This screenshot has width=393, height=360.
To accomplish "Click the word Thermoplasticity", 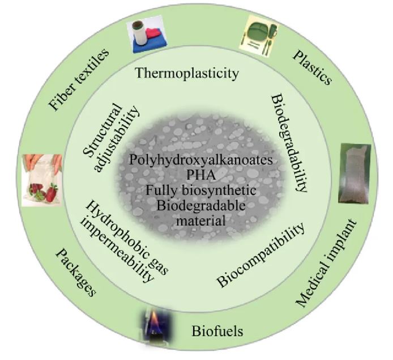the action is (x=187, y=74).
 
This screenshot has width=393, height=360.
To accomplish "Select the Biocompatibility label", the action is (x=261, y=255).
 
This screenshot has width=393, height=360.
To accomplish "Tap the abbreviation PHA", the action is (x=201, y=175).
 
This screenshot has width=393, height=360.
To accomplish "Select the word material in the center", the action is (x=201, y=221).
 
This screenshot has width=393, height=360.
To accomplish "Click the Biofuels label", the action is (x=217, y=331).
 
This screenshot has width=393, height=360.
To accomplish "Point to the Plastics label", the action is (x=313, y=67).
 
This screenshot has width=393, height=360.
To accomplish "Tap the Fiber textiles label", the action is (x=79, y=79).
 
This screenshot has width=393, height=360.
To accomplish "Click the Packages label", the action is (x=75, y=273).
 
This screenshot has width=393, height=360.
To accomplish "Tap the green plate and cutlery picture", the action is (x=259, y=37).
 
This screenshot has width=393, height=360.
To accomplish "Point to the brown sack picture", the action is (x=354, y=173).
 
